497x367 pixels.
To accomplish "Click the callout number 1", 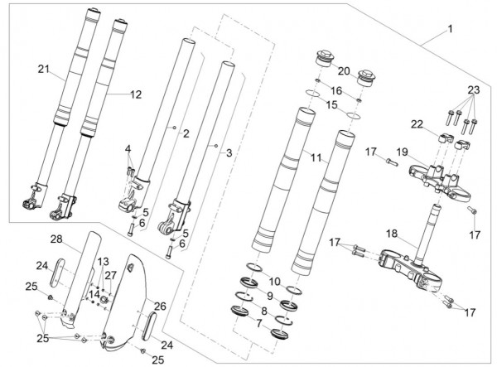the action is pyautogui.click(x=450, y=29).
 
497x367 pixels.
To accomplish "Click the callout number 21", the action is pyautogui.click(x=44, y=69).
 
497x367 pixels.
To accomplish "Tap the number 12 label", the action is pyautogui.click(x=136, y=94).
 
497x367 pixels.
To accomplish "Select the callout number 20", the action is pyautogui.click(x=344, y=71).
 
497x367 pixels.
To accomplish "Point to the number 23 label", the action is pyautogui.click(x=474, y=90).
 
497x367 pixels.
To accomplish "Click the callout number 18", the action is pyautogui.click(x=392, y=234).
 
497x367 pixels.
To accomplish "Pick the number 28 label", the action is pyautogui.click(x=56, y=239).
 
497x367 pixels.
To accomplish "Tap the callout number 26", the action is pyautogui.click(x=160, y=307).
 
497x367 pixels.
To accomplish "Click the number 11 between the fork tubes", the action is pyautogui.click(x=316, y=158).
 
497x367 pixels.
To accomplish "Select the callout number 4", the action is pyautogui.click(x=128, y=149).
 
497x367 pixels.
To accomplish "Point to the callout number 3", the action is pyautogui.click(x=229, y=153).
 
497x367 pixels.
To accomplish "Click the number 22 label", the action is pyautogui.click(x=417, y=124).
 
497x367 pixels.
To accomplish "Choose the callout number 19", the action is pyautogui.click(x=403, y=152).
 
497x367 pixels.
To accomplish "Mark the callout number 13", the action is pyautogui.click(x=103, y=262).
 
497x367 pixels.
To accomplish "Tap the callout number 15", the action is pyautogui.click(x=332, y=105).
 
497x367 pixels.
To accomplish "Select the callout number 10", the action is pyautogui.click(x=274, y=281).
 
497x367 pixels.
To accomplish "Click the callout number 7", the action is pyautogui.click(x=259, y=324).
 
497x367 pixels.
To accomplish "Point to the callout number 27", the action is pyautogui.click(x=111, y=275).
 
